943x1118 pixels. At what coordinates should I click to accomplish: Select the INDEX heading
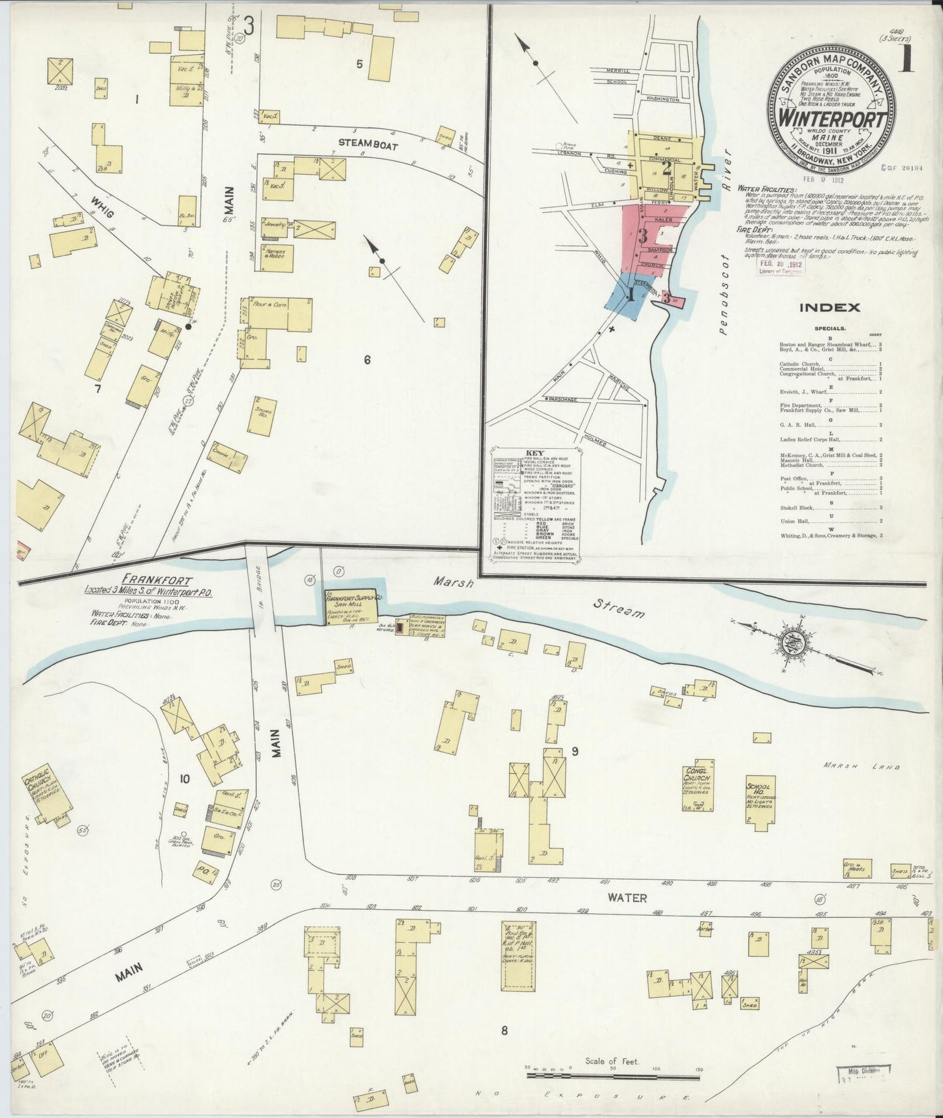coord(829,308)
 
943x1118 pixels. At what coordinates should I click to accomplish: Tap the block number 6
coord(367,360)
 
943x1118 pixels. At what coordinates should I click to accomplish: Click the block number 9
coord(575,751)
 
